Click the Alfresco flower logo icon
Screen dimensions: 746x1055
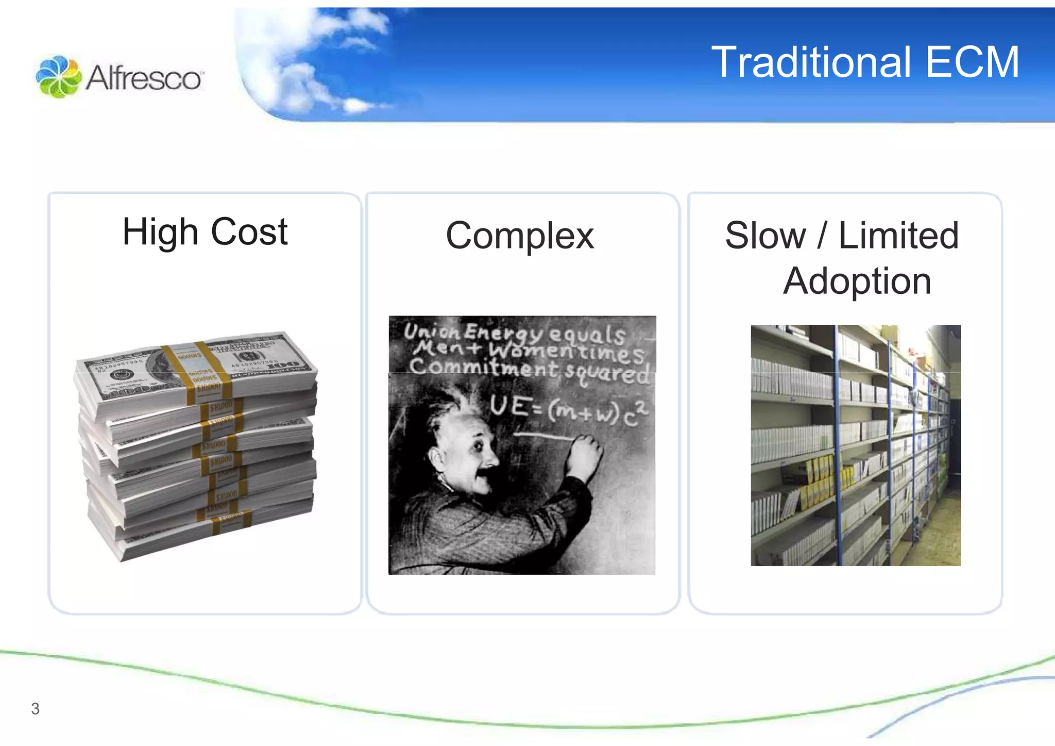click(x=58, y=77)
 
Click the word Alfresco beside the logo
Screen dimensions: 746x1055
click(x=144, y=79)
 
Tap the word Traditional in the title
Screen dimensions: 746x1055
click(x=810, y=62)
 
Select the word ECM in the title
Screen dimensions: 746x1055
click(x=972, y=62)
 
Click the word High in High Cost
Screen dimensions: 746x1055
click(x=160, y=232)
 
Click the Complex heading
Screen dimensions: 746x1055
click(x=520, y=236)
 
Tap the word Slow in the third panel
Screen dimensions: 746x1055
click(x=765, y=236)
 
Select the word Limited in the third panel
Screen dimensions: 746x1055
click(x=898, y=236)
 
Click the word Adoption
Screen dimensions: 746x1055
click(x=857, y=281)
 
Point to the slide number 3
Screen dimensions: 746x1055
click(x=35, y=709)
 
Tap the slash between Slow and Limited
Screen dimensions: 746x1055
click(x=822, y=236)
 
